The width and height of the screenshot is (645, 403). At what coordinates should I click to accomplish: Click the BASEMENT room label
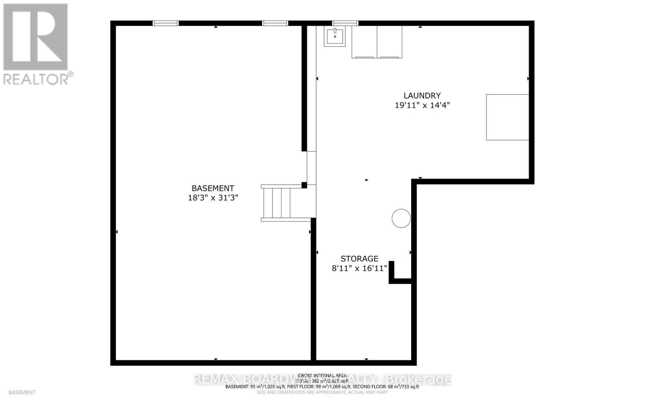pyautogui.click(x=212, y=188)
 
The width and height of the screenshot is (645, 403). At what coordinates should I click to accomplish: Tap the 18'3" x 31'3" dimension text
pyautogui.click(x=212, y=198)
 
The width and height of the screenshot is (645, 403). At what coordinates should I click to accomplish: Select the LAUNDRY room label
pyautogui.click(x=422, y=96)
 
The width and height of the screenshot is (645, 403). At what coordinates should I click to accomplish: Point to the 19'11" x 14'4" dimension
pyautogui.click(x=422, y=105)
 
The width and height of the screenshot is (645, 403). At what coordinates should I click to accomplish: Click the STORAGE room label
pyautogui.click(x=359, y=259)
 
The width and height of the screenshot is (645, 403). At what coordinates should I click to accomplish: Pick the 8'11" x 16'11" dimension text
pyautogui.click(x=359, y=268)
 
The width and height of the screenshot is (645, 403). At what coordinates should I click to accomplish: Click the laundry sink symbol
pyautogui.click(x=335, y=37)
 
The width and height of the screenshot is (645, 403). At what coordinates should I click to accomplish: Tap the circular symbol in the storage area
pyautogui.click(x=401, y=218)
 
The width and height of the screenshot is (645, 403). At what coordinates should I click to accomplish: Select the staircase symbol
pyautogui.click(x=277, y=203)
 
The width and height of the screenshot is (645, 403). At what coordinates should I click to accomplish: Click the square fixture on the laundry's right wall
pyautogui.click(x=507, y=117)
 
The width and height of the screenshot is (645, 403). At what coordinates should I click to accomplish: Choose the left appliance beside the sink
pyautogui.click(x=364, y=42)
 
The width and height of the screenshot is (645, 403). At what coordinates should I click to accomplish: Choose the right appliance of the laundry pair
pyautogui.click(x=389, y=42)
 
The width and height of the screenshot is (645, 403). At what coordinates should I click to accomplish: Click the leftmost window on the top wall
pyautogui.click(x=166, y=23)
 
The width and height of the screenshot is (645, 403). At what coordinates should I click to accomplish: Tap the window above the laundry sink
pyautogui.click(x=345, y=23)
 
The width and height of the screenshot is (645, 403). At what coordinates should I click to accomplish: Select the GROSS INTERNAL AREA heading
pyautogui.click(x=322, y=376)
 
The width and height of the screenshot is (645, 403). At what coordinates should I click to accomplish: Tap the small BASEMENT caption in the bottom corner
pyautogui.click(x=22, y=392)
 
